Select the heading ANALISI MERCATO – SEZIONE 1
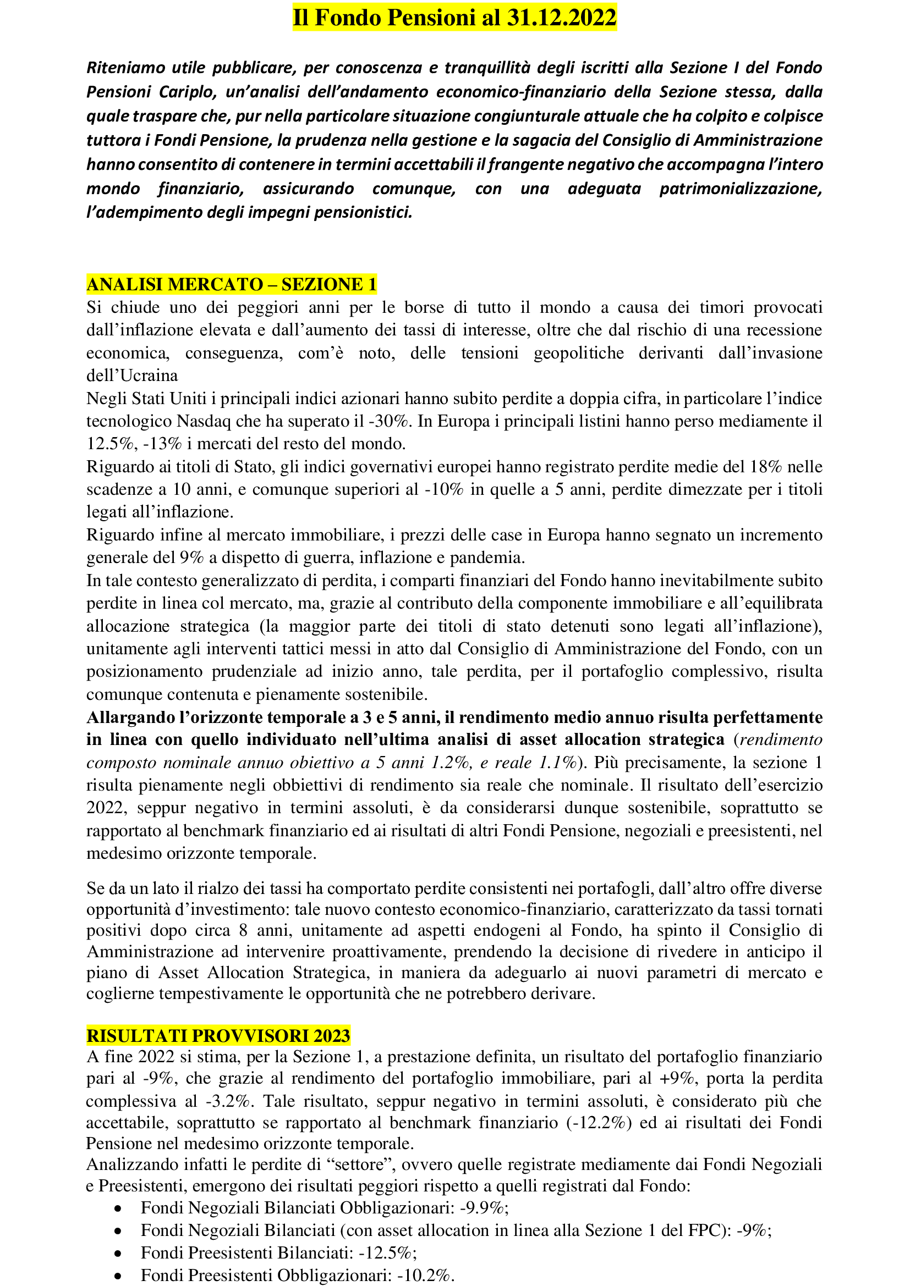coord(231,285)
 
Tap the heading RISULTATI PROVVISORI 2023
coord(218,1036)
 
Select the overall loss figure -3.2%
coord(228,1101)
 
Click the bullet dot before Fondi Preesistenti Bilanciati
coord(118,1254)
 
